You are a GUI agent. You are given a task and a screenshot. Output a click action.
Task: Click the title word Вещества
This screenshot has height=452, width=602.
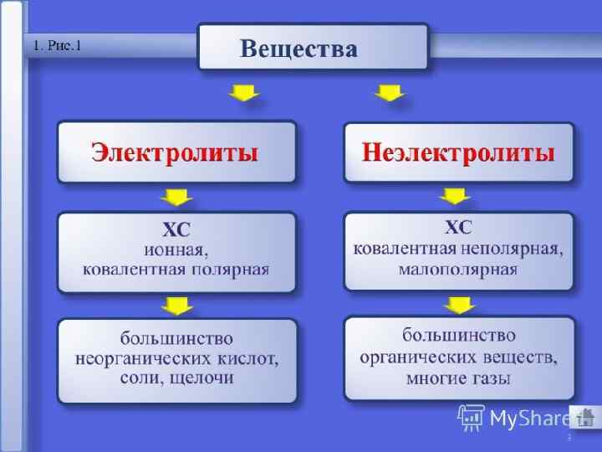[x=298, y=48]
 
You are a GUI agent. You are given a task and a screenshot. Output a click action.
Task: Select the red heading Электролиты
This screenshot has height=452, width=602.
[x=175, y=153]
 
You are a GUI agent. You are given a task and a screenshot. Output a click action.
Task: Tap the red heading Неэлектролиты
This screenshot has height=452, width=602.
[x=459, y=153]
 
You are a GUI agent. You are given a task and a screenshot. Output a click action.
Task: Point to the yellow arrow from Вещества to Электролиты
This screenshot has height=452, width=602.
[x=244, y=92]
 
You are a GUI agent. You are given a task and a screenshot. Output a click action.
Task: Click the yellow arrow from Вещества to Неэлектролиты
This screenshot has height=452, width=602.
[x=389, y=92]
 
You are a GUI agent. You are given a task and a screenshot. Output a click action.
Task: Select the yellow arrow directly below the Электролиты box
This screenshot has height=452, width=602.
[x=175, y=198]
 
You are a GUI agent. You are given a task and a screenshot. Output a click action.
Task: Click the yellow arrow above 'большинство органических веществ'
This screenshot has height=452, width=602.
[x=457, y=304]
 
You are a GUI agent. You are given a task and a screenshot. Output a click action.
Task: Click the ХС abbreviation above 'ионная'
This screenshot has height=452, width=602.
[x=176, y=229]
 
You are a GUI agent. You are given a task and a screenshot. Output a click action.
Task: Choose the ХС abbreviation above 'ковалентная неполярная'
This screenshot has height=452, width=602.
[x=458, y=227]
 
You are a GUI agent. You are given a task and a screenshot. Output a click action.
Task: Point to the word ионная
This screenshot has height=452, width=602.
[x=176, y=249]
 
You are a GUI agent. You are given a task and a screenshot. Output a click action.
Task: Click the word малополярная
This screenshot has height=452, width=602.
[x=458, y=270]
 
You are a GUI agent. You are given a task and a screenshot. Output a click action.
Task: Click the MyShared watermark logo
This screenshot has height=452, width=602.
[x=513, y=417]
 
